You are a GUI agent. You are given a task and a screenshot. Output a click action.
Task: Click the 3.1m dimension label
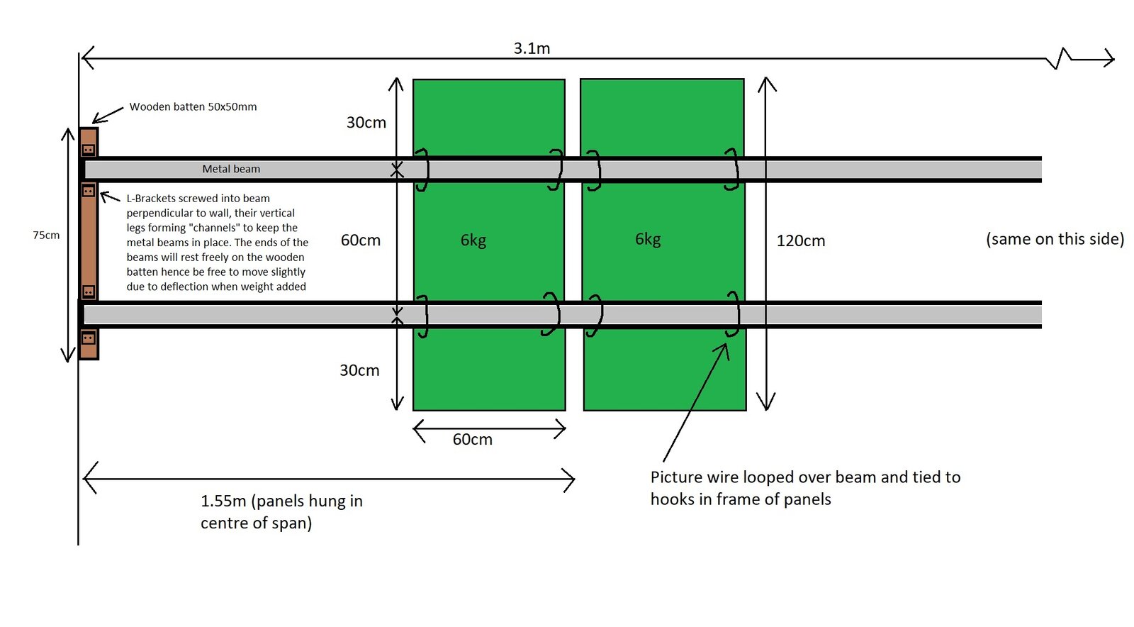(532, 49)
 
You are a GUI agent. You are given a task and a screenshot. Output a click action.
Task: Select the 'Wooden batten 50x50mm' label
(193, 107)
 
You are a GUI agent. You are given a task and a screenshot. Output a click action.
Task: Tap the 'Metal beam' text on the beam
(231, 169)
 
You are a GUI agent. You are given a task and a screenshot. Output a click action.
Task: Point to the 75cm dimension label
(46, 235)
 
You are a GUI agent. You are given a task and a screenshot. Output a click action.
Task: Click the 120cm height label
(800, 240)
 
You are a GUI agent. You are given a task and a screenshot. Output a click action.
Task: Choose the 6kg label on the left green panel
(473, 240)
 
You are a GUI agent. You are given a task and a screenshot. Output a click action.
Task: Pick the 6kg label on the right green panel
(648, 239)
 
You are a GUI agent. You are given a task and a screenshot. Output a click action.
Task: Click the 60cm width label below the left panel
(472, 439)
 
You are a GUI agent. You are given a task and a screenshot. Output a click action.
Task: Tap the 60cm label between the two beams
(361, 240)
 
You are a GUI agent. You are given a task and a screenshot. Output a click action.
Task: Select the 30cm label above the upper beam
(366, 123)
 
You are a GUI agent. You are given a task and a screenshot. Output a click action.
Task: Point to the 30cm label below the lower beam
(359, 370)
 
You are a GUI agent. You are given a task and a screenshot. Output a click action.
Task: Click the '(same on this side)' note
(1055, 238)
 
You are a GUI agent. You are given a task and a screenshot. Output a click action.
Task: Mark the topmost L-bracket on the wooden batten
(88, 150)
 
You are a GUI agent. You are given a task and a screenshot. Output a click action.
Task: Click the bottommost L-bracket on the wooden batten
(88, 338)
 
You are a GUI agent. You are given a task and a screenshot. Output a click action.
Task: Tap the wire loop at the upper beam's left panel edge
(423, 170)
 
